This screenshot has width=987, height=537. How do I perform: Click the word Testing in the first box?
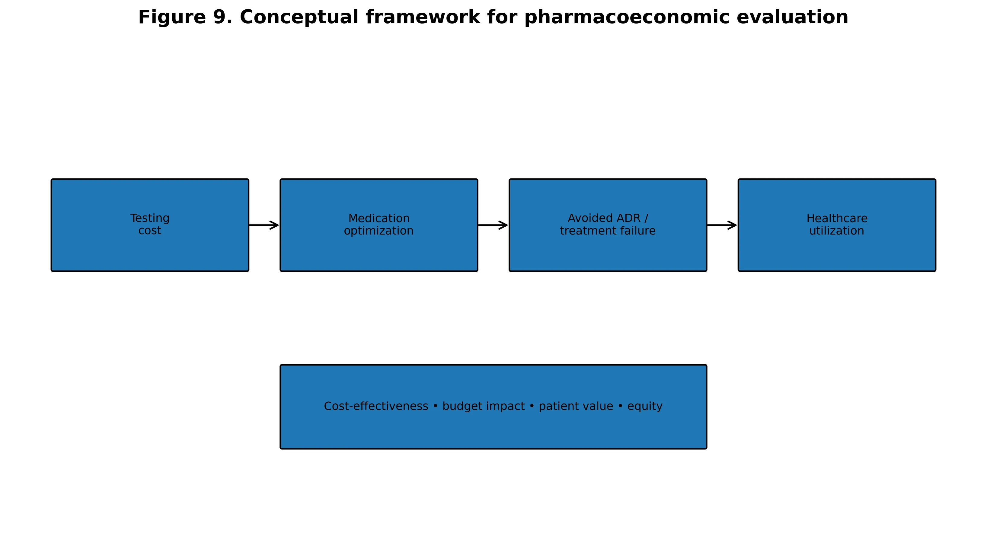150,219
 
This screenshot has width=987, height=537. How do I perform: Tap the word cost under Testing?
150,231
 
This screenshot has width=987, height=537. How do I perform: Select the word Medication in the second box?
379,219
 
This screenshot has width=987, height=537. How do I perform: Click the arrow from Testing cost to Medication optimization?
264,225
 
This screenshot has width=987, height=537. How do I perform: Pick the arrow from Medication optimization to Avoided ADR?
493,225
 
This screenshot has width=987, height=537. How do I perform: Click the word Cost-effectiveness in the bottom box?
376,406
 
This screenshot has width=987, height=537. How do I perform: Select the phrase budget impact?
484,406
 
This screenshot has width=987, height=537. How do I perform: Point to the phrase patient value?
576,406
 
